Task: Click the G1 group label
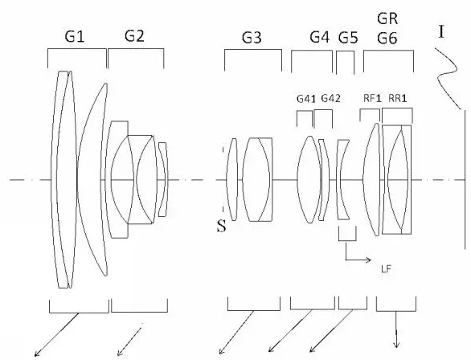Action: coord(75,37)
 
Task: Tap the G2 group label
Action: coord(134,36)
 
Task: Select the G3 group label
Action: coord(252,38)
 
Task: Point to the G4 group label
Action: coord(320,38)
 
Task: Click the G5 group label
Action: coord(348,38)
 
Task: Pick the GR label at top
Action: coord(387,19)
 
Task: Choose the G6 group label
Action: coord(387,39)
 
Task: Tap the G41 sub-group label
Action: coord(306,99)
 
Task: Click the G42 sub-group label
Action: coord(330,98)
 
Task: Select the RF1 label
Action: coord(372,98)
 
